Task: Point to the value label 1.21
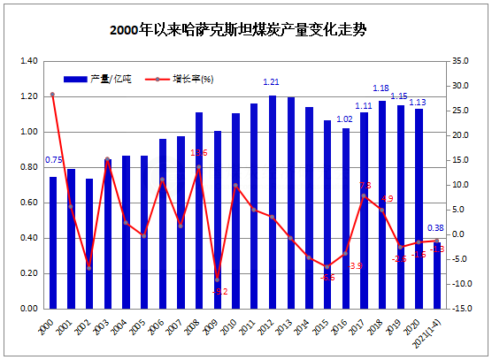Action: click(273, 82)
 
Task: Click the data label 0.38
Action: click(435, 227)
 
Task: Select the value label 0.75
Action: click(53, 160)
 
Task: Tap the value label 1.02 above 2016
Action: click(345, 119)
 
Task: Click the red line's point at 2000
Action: click(53, 95)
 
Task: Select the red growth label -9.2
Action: click(221, 291)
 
